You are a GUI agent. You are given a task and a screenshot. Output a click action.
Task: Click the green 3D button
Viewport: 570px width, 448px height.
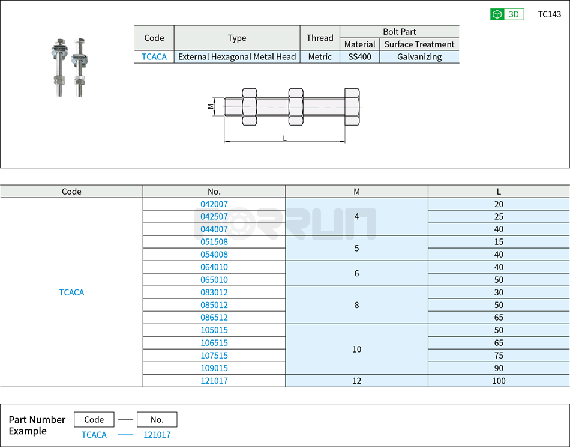pos(507,14)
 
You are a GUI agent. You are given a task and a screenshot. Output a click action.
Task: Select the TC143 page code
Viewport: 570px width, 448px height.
pos(549,14)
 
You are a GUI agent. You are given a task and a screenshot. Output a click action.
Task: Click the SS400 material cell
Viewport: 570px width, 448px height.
pos(359,57)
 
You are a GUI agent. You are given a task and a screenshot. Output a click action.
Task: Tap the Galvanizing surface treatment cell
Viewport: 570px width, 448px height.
pos(419,57)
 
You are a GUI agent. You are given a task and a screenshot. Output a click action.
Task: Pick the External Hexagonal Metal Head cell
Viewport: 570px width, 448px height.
pos(237,57)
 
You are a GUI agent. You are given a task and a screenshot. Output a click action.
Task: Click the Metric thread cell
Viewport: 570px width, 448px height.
pos(320,57)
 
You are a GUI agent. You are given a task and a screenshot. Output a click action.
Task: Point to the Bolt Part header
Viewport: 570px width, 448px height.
pos(399,32)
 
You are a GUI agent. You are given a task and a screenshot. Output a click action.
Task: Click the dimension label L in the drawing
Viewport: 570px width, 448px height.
pos(284,138)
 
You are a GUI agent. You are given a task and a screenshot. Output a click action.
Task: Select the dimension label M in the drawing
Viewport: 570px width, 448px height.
pos(211,106)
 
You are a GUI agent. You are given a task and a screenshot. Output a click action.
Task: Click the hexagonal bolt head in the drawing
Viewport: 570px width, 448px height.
pos(352,107)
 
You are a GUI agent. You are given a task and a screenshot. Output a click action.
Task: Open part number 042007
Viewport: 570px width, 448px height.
pos(214,204)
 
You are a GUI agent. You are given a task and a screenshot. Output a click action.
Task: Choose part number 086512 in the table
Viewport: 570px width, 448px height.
pos(214,318)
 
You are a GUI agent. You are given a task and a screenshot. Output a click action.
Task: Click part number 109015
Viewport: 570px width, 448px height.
pos(214,368)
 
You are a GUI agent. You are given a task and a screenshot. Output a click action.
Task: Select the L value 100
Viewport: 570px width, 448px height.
pos(499,381)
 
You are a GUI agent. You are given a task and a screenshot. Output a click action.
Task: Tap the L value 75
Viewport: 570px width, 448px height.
pos(499,356)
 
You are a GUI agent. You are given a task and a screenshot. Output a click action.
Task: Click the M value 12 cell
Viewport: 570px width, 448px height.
pos(356,381)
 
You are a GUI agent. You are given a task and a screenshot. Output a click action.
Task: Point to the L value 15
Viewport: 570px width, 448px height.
pos(499,242)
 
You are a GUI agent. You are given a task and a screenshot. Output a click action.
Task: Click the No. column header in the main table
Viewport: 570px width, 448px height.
pos(214,192)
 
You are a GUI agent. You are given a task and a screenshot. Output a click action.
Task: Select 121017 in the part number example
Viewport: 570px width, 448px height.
pos(157,435)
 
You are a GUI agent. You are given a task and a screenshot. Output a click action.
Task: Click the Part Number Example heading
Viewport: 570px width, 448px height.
pos(37,425)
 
